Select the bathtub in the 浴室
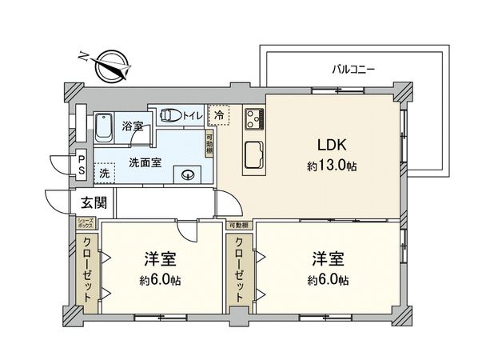pos(106,127)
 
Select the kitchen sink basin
pos(254,153)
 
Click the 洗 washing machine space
pos(104,173)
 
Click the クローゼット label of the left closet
pos(87,268)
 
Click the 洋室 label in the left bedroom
pos(160,258)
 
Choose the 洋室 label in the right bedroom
pos(328,258)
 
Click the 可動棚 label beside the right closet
pos(237,226)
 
